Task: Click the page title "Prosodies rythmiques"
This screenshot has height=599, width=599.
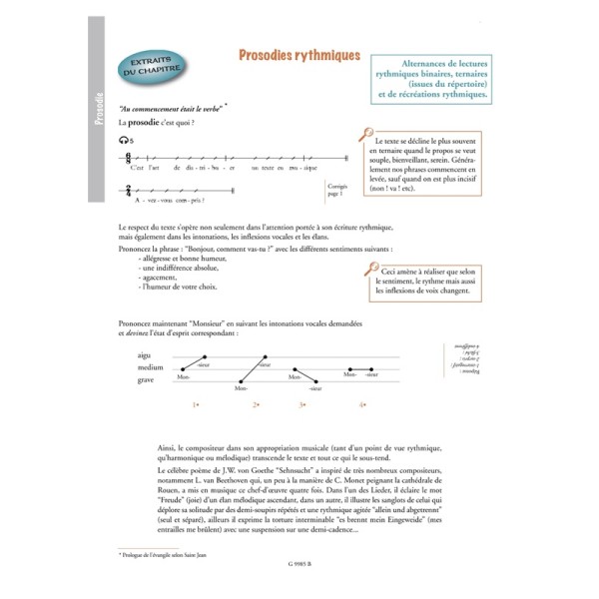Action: (x=299, y=56)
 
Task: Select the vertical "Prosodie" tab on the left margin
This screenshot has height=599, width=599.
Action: (x=98, y=109)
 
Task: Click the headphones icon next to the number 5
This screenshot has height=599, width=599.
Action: (x=122, y=142)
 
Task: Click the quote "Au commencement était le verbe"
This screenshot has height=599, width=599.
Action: (x=170, y=108)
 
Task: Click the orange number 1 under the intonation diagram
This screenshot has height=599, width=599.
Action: (x=197, y=404)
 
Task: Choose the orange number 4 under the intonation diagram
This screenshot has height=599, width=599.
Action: (x=363, y=404)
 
